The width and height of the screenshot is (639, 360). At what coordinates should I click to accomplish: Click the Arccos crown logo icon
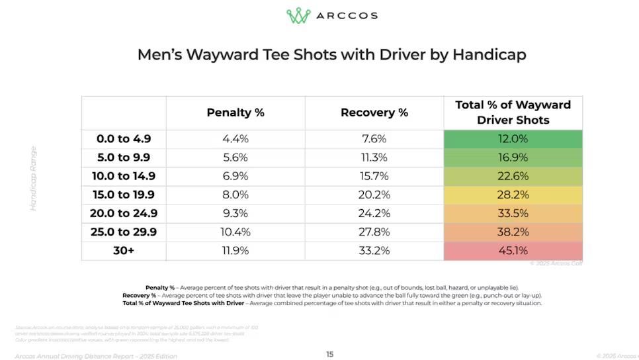click(298, 15)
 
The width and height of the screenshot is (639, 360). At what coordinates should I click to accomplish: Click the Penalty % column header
click(235, 112)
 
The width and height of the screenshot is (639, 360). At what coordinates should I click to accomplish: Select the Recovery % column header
click(374, 112)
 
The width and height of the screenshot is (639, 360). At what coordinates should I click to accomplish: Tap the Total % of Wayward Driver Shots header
click(513, 112)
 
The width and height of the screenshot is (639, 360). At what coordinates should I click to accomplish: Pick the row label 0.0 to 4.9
click(124, 139)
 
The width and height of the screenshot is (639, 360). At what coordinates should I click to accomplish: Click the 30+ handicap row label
click(124, 251)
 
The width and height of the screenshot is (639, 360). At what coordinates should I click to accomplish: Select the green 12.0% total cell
click(513, 139)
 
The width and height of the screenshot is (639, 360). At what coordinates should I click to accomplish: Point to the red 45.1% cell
click(513, 251)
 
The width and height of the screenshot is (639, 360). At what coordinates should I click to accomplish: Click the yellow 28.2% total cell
click(513, 195)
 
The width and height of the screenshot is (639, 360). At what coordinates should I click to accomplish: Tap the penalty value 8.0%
click(235, 195)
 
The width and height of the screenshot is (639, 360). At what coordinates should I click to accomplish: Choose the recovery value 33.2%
click(374, 251)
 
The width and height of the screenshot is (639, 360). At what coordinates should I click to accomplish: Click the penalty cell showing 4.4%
click(235, 139)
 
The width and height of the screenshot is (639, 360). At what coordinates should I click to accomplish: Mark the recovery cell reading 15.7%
click(374, 176)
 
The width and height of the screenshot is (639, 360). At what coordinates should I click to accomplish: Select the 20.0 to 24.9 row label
click(124, 214)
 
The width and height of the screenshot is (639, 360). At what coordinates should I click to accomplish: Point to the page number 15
click(329, 354)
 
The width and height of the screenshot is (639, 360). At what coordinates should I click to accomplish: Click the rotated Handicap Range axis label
click(33, 178)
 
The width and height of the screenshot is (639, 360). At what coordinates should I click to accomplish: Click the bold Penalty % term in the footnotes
click(160, 287)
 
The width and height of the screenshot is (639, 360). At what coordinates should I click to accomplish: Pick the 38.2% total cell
click(513, 232)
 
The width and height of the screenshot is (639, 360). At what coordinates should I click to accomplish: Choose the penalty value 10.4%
click(235, 232)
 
